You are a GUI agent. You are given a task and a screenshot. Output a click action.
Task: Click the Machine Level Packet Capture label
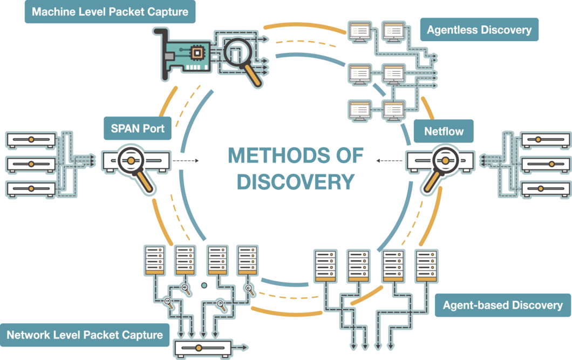(110, 11)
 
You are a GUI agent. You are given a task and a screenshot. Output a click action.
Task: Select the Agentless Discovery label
(479, 30)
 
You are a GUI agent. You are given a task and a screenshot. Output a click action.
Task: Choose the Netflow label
(444, 131)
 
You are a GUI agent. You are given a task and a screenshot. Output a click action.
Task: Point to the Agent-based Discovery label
(502, 305)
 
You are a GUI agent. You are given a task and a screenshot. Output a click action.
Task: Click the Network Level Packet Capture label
(85, 335)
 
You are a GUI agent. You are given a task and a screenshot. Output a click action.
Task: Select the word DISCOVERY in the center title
(296, 182)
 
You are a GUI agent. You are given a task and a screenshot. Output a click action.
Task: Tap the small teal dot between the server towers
(204, 285)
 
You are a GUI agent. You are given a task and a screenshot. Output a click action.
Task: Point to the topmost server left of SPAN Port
(31, 140)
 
